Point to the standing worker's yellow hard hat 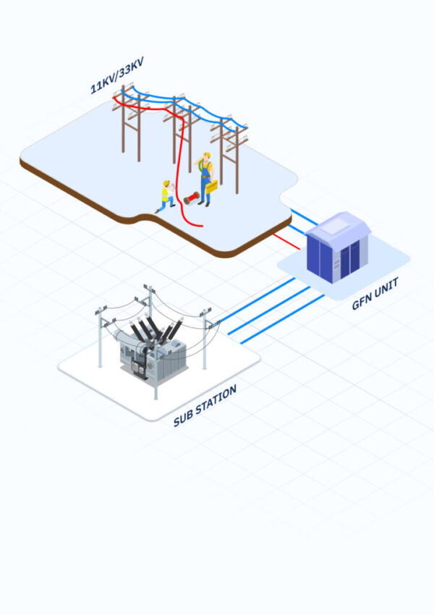pos(206,155)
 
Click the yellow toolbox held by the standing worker pos(211,187)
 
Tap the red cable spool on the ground pos(191,198)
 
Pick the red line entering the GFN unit pos(285,241)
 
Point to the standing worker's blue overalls pos(205,177)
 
